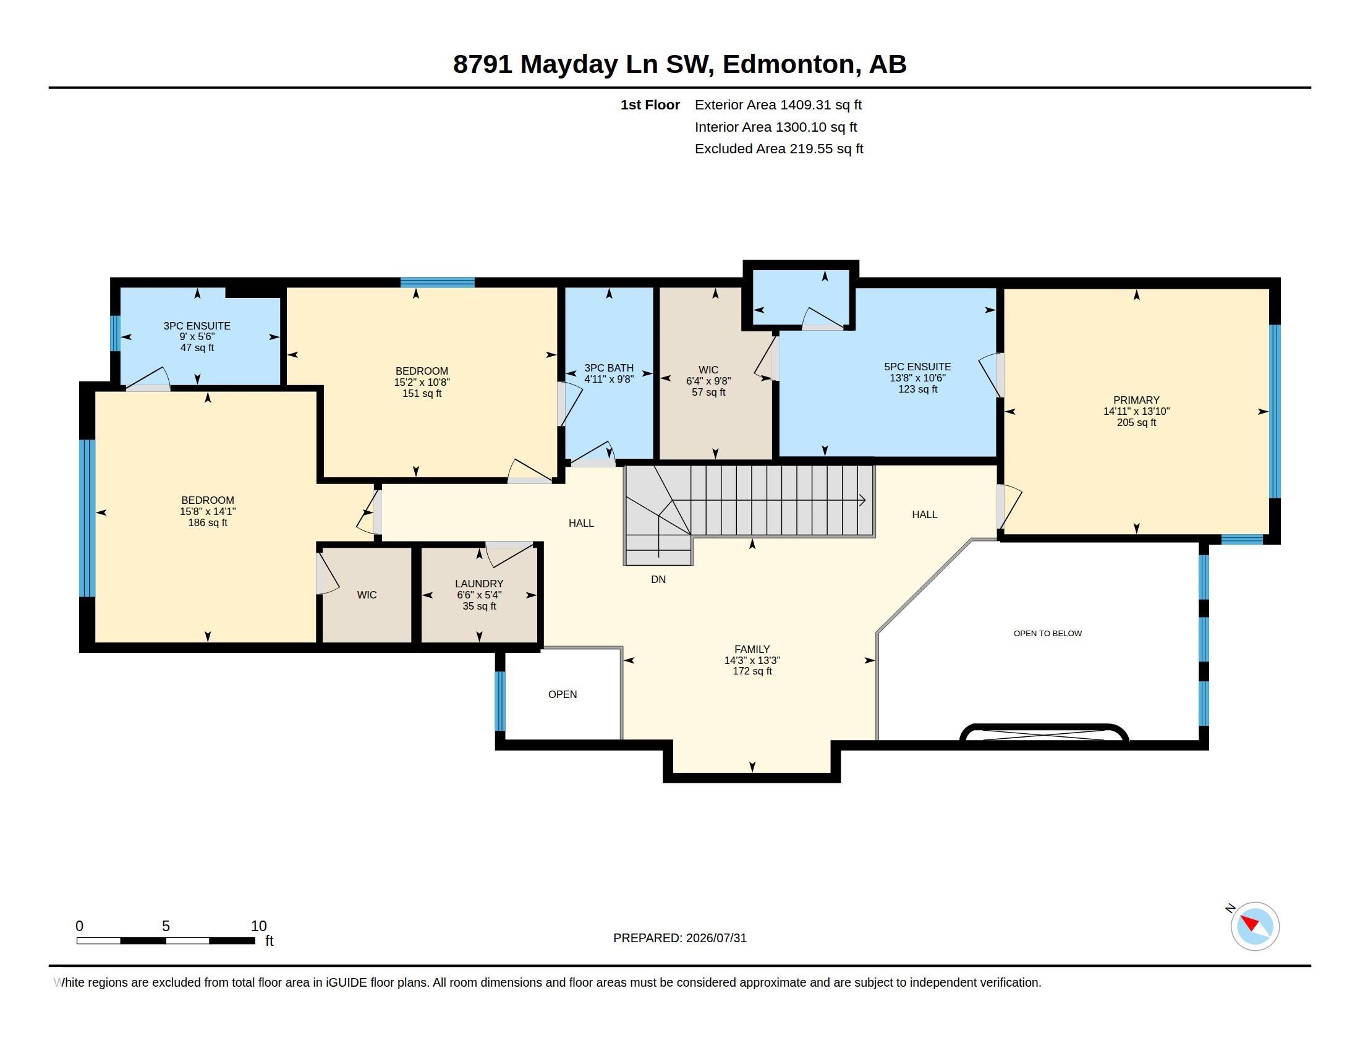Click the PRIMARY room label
tap(1136, 400)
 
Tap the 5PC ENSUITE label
tap(917, 367)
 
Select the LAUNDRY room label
tap(479, 584)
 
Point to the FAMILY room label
tap(752, 649)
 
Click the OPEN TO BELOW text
tap(1047, 633)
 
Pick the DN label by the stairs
tap(658, 579)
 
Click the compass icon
tap(1254, 926)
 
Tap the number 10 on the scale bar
tap(259, 926)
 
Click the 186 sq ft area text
tap(207, 522)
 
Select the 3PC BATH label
tap(608, 368)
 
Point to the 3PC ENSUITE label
tap(197, 326)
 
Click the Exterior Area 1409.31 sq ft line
tap(778, 104)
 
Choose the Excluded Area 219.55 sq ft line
tap(778, 148)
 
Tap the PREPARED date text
tap(679, 938)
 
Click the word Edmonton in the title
tap(789, 64)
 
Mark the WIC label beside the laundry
tap(367, 595)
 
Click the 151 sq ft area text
tap(422, 393)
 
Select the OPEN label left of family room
tap(563, 694)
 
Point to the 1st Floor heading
tap(650, 104)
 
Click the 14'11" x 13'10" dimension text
tap(1136, 411)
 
